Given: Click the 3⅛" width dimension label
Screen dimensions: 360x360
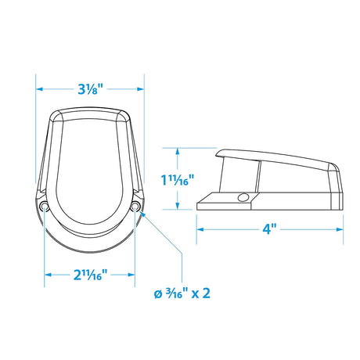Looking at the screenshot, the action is point(91,89).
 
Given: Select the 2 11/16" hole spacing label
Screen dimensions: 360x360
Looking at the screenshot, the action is point(90,275).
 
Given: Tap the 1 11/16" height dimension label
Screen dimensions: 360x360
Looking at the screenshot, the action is point(178,179).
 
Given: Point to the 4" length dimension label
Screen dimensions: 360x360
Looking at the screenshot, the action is point(269,229).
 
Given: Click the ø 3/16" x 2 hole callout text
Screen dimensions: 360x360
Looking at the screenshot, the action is point(182,293).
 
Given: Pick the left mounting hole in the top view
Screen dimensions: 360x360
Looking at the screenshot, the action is point(44,207).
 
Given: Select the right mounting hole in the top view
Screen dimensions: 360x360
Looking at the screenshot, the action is point(135,207).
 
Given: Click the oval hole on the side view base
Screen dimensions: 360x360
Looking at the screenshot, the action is point(243,197).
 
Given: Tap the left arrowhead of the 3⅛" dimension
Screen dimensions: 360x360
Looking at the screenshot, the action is point(39,89).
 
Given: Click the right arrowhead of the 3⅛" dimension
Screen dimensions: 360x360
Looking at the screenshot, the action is point(141,89).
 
